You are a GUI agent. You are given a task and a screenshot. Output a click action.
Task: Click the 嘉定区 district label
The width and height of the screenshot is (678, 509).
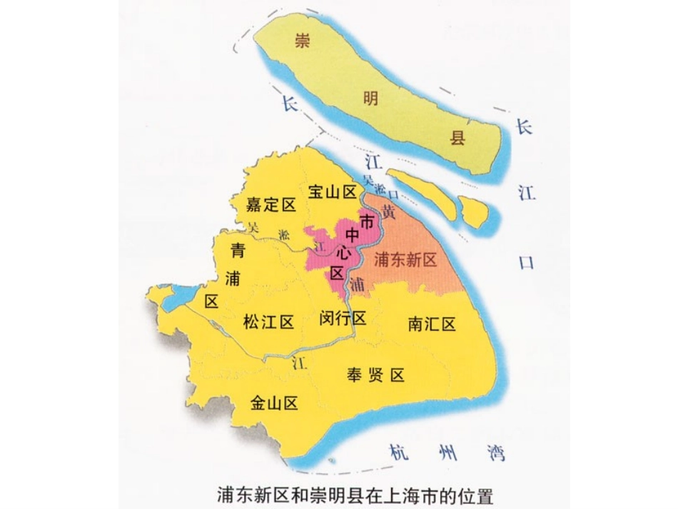coord(270,206)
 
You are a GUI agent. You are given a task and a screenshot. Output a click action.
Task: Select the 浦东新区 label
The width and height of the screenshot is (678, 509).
coord(405,259)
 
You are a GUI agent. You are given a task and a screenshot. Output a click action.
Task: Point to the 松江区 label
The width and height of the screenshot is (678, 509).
coord(268,322)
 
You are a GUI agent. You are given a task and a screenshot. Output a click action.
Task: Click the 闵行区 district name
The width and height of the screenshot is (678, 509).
coord(343,318)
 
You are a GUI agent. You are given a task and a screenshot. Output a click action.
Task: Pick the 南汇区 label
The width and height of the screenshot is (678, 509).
coord(432,324)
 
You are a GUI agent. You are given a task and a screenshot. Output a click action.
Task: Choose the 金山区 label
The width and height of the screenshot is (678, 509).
coord(273,404)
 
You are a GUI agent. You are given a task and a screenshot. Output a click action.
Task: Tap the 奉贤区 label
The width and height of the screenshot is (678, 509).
coord(376,375)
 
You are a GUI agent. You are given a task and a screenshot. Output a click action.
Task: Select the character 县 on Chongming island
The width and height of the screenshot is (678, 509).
coord(457,137)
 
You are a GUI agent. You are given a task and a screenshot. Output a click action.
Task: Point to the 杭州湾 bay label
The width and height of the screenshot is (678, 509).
coord(447,452)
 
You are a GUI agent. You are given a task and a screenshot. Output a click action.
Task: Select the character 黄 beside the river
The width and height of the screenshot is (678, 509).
coord(388,211)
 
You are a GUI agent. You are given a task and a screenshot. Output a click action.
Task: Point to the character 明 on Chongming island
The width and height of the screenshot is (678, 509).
coord(371,99)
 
